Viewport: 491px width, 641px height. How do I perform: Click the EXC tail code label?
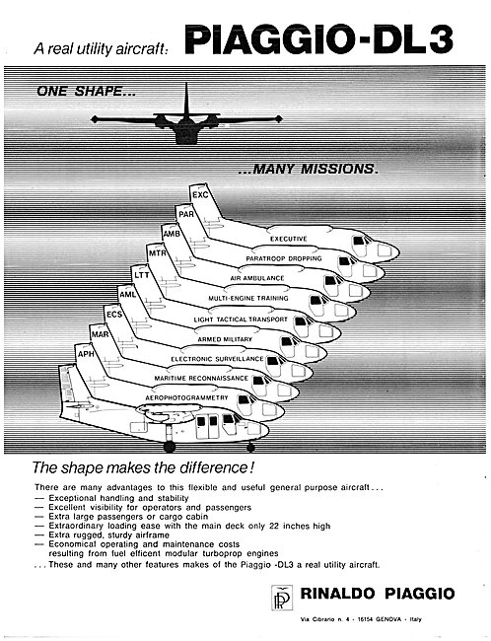point(200,195)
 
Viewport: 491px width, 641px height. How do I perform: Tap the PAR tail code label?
point(186,214)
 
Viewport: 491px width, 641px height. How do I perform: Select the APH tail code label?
point(86,354)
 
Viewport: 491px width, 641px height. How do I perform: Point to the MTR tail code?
point(158,253)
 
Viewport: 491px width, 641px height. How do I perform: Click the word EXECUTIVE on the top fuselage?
point(288,239)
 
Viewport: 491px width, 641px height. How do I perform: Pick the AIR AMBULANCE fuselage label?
point(256,278)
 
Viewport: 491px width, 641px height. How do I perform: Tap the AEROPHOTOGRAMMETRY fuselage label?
point(186,397)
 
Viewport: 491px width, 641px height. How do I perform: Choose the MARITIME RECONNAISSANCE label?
point(201,378)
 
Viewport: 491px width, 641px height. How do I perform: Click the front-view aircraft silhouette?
point(186,118)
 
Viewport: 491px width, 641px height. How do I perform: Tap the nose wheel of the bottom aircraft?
point(251,448)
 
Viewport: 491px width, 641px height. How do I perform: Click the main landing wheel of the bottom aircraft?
point(170,447)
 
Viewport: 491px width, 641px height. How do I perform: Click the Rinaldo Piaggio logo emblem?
point(282,598)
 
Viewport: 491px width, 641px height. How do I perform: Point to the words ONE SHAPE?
point(86,91)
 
